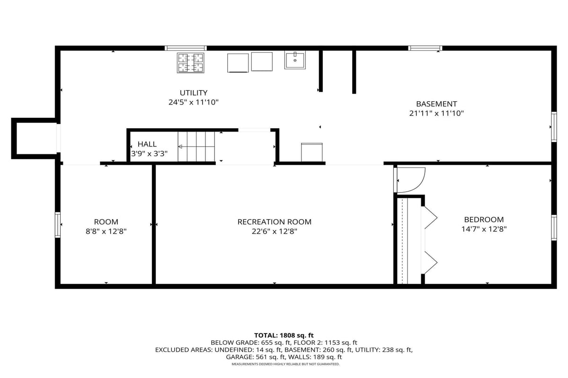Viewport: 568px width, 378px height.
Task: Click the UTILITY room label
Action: (x=194, y=93)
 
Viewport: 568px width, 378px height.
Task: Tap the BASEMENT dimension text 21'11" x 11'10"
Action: (x=436, y=114)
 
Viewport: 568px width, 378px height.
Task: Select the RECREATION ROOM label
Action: (x=275, y=222)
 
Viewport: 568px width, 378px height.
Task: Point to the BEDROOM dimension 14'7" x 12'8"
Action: (x=484, y=229)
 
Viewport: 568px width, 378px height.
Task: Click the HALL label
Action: (x=147, y=144)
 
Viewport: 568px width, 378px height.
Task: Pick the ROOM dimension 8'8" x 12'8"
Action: (x=106, y=231)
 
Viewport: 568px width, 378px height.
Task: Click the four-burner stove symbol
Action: (x=190, y=63)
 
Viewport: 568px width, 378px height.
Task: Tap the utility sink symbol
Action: (x=295, y=60)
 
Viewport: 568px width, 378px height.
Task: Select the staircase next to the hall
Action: (x=196, y=146)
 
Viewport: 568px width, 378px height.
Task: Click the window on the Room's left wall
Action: (x=58, y=225)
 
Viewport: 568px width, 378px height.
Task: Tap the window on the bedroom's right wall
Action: (x=554, y=228)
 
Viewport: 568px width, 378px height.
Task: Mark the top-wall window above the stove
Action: (x=186, y=48)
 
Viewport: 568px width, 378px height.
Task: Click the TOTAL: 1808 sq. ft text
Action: (x=284, y=335)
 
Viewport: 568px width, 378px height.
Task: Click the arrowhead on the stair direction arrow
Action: (x=180, y=147)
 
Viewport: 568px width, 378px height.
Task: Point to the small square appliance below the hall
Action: (x=311, y=152)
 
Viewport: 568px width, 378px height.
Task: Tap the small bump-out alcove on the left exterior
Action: (x=34, y=139)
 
